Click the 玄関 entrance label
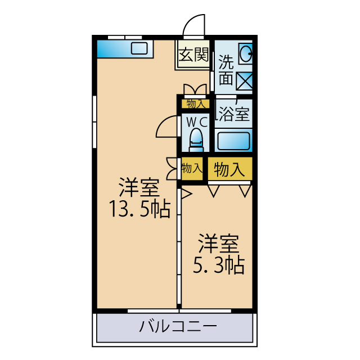tap(193, 55)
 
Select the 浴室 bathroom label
tap(233, 114)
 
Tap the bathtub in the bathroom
tap(233, 140)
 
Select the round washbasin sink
tap(245, 55)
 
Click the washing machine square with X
tap(244, 81)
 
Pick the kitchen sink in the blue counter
tap(139, 48)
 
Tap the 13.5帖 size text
tap(139, 210)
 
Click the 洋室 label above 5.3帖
tap(218, 244)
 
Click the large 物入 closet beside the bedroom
tap(229, 170)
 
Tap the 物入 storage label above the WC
tap(195, 103)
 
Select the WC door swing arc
tap(166, 127)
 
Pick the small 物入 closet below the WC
tap(191, 168)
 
